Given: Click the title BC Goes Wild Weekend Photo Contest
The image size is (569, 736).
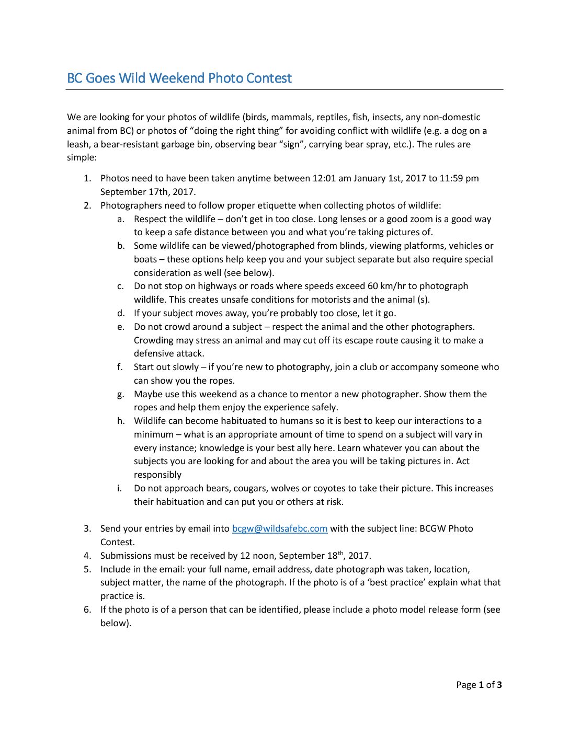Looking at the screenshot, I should [x=179, y=78].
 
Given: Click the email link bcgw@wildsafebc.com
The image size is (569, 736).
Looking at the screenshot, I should [x=280, y=528].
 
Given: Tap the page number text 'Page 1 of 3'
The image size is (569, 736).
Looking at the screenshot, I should [x=479, y=685].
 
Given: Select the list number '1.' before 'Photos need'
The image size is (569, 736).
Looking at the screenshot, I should [x=87, y=178].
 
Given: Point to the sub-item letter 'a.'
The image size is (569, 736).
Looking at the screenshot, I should [x=121, y=219].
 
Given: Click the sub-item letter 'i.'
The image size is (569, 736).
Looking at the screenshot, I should [x=120, y=488].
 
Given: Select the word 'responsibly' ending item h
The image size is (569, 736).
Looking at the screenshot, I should [x=157, y=475].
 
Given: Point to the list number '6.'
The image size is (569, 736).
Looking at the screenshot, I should [x=87, y=609].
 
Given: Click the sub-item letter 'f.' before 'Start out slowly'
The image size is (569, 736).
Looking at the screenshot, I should [x=121, y=367].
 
